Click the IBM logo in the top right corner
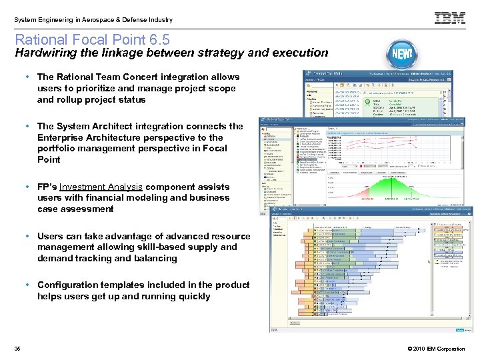coord(450,18)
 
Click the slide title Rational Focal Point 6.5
coord(92,40)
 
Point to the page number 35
coord(17,349)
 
